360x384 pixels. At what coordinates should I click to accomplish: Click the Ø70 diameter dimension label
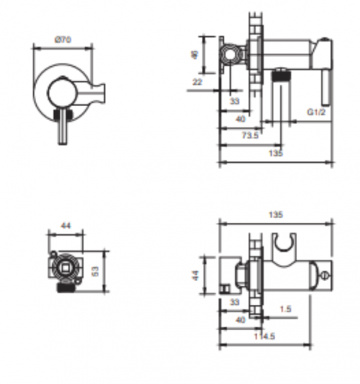(x=63, y=40)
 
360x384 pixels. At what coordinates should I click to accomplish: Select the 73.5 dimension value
(x=250, y=135)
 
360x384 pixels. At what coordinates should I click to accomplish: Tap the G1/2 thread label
(x=316, y=112)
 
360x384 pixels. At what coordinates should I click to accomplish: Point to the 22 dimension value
(x=197, y=82)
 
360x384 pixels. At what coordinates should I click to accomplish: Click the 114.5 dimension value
(x=264, y=336)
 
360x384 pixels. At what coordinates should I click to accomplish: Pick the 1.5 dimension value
(x=286, y=309)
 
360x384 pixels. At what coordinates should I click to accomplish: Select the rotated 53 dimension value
(x=95, y=271)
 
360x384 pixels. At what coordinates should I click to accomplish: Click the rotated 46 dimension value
(x=195, y=55)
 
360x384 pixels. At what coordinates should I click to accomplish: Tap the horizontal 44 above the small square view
(x=66, y=226)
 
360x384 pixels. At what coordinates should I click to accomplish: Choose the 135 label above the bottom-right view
(x=276, y=214)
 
